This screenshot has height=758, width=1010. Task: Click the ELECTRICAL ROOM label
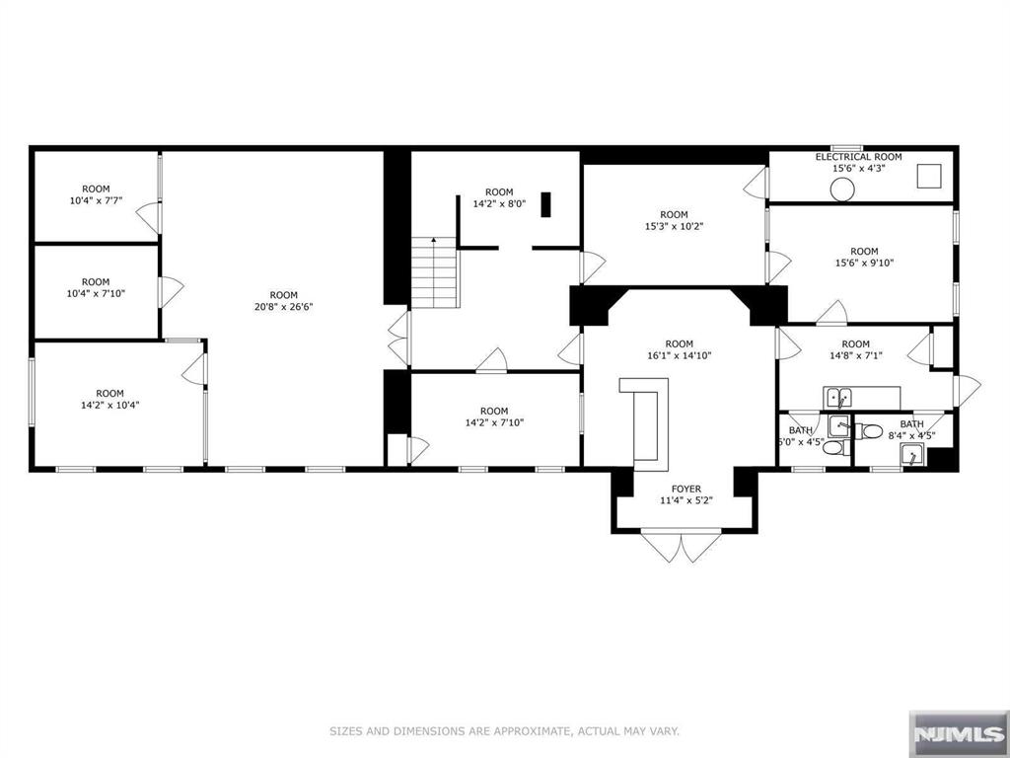coord(858,157)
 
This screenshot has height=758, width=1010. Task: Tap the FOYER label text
coord(685,488)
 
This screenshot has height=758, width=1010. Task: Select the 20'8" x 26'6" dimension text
coord(283,307)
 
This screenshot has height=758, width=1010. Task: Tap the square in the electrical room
coord(929,177)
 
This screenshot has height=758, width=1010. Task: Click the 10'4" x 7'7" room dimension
coord(96,201)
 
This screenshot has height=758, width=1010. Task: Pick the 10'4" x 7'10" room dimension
coord(96,294)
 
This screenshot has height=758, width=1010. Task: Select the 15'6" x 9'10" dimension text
coord(864,264)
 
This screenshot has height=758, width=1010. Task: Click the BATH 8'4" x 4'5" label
coord(911,430)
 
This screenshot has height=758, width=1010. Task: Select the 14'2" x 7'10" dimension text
coord(494,423)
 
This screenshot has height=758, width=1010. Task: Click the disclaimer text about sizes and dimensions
coord(504,731)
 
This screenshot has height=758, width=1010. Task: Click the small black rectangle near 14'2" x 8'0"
coord(545,204)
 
